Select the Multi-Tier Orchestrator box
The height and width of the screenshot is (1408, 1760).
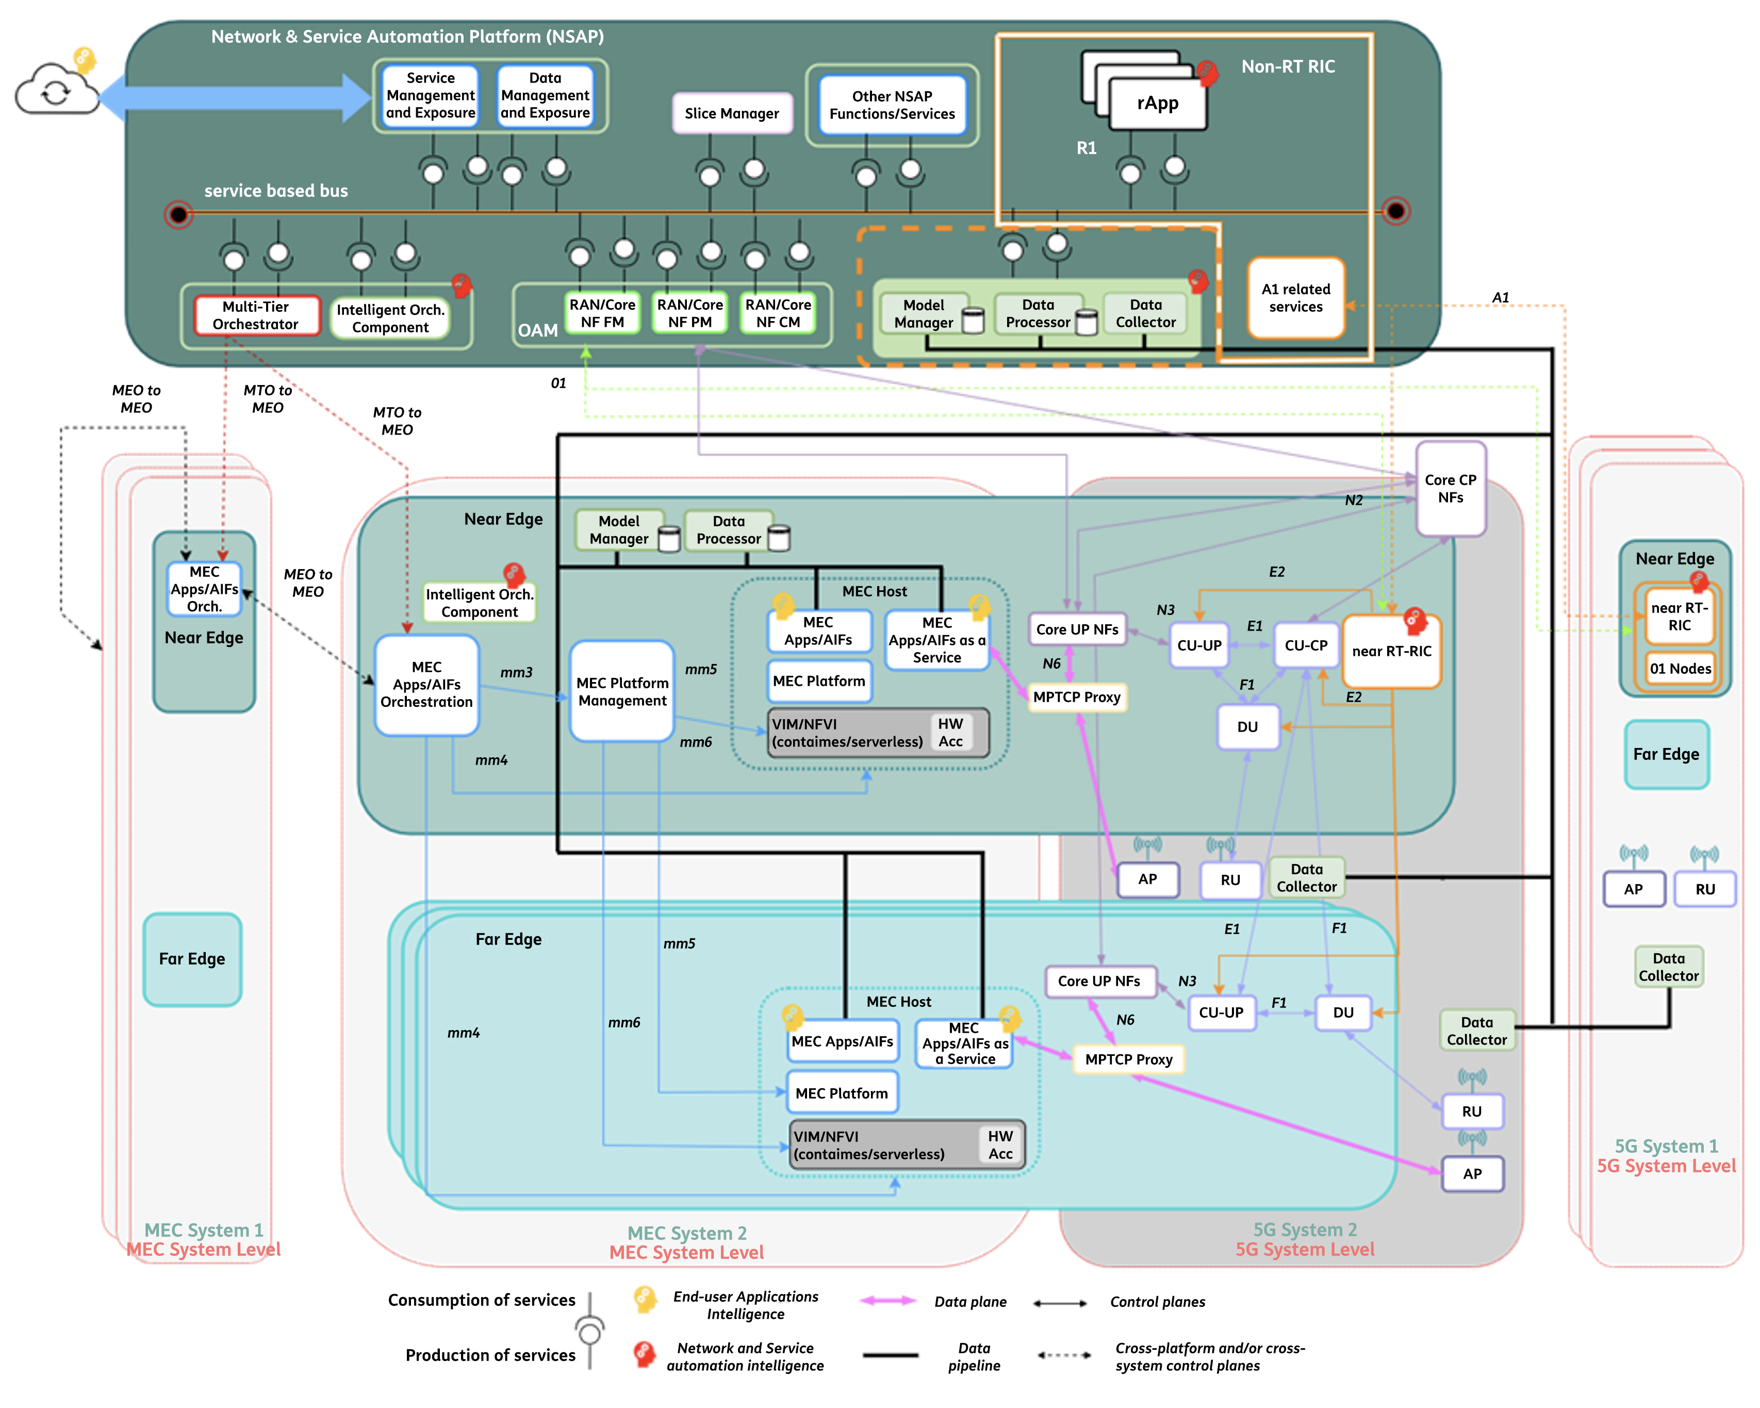[x=255, y=315]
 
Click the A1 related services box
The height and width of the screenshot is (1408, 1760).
[x=1295, y=298]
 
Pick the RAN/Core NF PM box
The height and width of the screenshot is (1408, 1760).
[x=690, y=312]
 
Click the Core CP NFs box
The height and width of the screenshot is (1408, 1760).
[x=1451, y=488]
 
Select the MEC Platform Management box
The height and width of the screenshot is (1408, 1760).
[x=622, y=691]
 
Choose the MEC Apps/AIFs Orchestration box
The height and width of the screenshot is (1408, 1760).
[x=426, y=685]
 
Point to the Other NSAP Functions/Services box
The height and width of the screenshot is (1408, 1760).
[x=892, y=105]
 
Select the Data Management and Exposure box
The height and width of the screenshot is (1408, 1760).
[x=545, y=95]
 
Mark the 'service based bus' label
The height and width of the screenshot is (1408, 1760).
[x=276, y=191]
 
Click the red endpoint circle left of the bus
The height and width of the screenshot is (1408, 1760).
[x=178, y=214]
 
